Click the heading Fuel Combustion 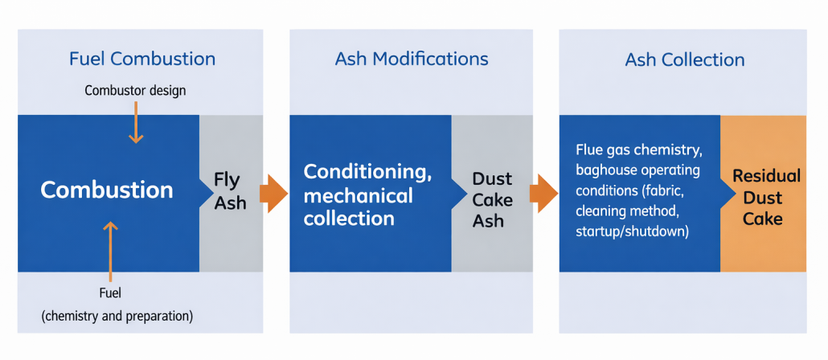141,59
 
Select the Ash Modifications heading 411,59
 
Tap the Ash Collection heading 684,60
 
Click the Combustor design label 135,90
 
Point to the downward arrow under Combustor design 136,125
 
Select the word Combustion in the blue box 107,190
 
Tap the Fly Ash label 230,190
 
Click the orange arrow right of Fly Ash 273,194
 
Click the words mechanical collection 358,207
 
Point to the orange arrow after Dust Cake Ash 543,194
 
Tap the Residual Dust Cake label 766,197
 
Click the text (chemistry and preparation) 117,316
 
